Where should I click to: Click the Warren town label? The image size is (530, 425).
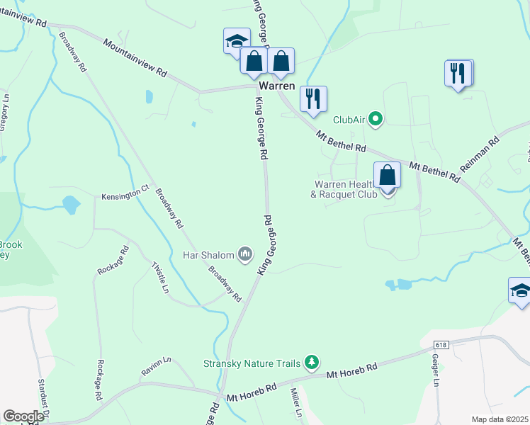pos(276,85)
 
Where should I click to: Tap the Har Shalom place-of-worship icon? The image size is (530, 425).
pos(246,254)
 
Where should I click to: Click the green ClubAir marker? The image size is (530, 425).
pos(376,120)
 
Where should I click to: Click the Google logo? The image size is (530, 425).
pos(23,416)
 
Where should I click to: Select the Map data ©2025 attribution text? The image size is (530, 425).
pos(500,419)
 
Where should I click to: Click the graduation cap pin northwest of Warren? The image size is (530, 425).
pos(236,42)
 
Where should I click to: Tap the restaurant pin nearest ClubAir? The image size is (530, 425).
pos(313,98)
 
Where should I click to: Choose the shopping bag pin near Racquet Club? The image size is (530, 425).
pos(388,174)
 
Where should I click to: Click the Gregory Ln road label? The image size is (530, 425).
pos(4,113)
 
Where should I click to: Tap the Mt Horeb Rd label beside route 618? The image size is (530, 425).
pos(352,373)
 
